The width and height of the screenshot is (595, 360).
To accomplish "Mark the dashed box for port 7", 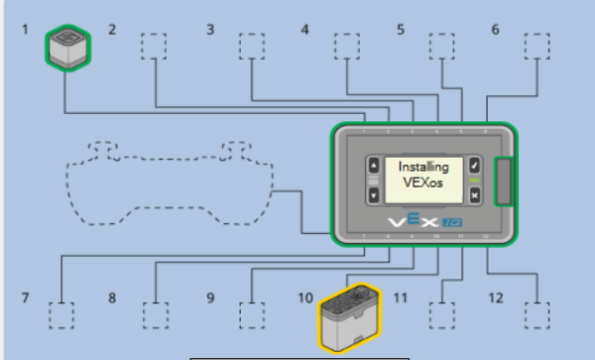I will click(61, 314).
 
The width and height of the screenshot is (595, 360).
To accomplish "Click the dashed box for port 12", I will click(536, 314).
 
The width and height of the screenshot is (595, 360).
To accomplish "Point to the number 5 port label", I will click(401, 30).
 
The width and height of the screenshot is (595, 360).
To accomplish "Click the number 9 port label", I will click(210, 298).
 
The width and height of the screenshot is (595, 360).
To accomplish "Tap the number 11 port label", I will click(401, 298).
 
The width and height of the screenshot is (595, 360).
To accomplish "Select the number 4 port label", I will click(305, 30).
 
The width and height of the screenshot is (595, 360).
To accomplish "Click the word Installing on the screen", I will click(423, 168).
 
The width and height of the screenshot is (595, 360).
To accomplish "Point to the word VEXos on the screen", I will click(423, 183).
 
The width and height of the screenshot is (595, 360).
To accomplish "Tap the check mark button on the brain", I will click(475, 165).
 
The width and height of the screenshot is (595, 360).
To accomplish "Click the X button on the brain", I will click(475, 195).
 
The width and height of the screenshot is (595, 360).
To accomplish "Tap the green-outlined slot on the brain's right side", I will click(503, 181).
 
